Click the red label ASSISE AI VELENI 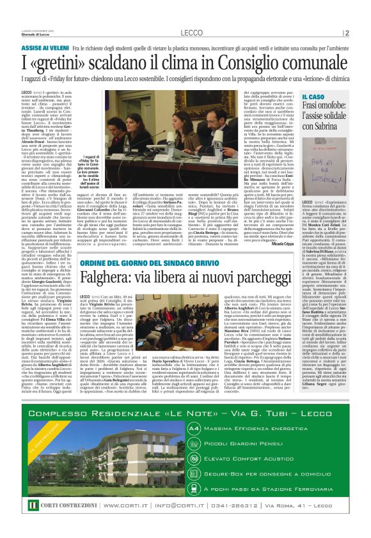click(x=45, y=48)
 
